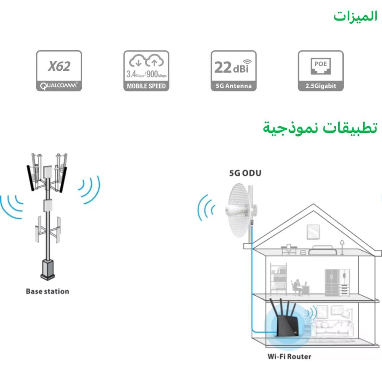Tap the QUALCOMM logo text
tap(59, 86)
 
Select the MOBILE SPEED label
tap(146, 86)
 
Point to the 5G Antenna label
tap(233, 86)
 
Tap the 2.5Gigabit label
tap(320, 86)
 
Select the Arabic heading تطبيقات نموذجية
tap(320, 127)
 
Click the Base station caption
tap(47, 292)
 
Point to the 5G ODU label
tap(245, 173)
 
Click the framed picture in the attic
tap(312, 231)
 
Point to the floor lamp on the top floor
tap(342, 247)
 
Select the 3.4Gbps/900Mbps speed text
tap(146, 74)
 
